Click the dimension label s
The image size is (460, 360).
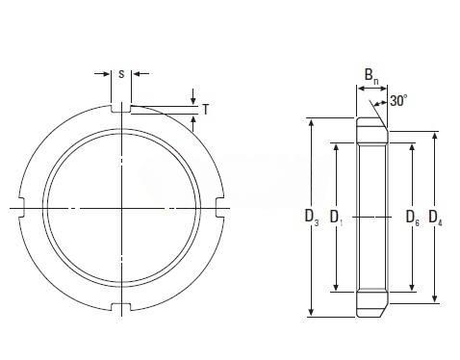click(x=121, y=74)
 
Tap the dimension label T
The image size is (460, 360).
click(x=206, y=110)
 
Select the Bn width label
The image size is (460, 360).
click(x=371, y=76)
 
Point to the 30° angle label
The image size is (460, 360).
click(x=398, y=101)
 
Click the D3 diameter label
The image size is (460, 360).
click(x=312, y=218)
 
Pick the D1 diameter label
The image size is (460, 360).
click(x=337, y=218)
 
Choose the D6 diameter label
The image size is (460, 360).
click(x=413, y=218)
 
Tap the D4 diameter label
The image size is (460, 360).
click(x=435, y=218)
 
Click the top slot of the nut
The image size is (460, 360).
click(x=121, y=109)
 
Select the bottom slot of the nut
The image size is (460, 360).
click(x=121, y=307)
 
